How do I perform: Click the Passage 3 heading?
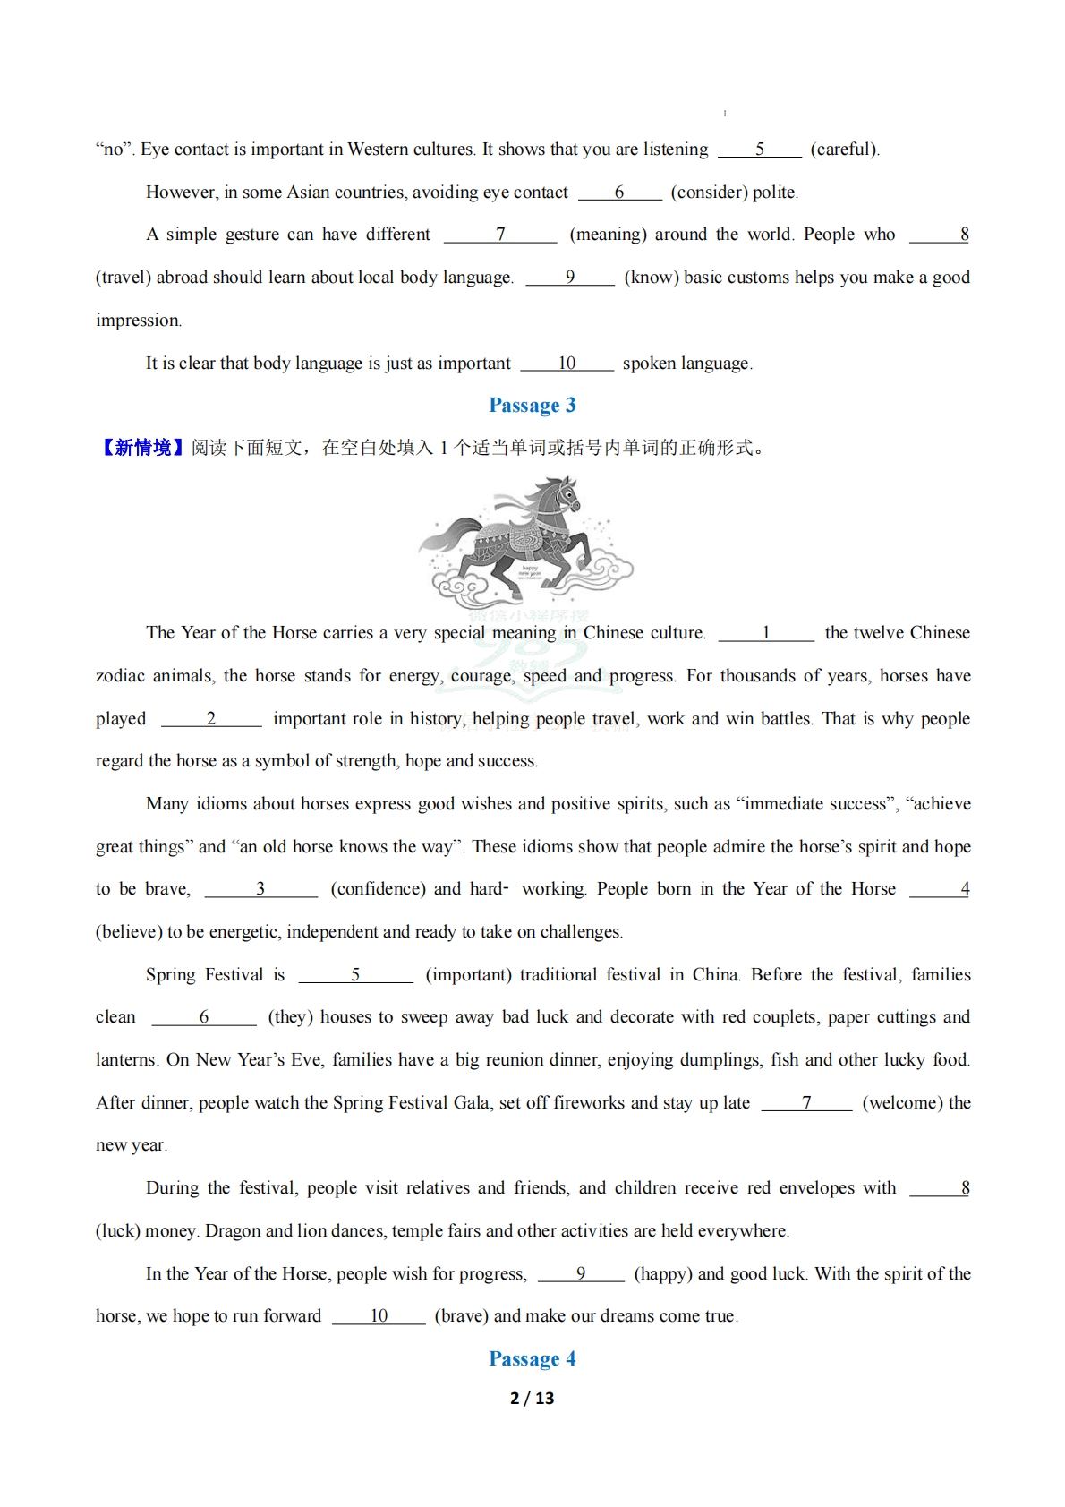tap(532, 406)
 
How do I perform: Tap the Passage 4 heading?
tap(532, 1358)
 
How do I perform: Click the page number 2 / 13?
tap(532, 1398)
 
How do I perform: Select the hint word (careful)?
tap(844, 150)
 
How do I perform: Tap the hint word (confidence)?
tap(377, 889)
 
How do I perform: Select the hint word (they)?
tap(290, 1017)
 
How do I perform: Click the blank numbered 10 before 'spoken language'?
tap(567, 364)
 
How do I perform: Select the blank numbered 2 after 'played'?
tap(211, 719)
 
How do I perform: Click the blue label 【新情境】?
tap(142, 448)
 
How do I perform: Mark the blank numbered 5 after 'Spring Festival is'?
tap(355, 975)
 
